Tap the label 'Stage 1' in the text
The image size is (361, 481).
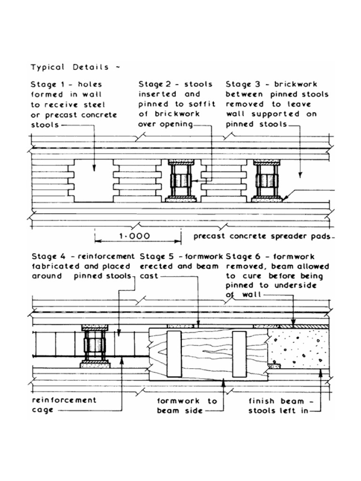pyautogui.click(x=46, y=85)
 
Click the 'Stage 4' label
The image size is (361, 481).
pyautogui.click(x=46, y=256)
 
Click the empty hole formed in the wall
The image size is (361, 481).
pyautogui.click(x=94, y=181)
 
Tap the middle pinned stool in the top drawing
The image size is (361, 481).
pyautogui.click(x=181, y=181)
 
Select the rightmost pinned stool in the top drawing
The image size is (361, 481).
pyautogui.click(x=267, y=181)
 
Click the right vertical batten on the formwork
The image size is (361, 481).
pyautogui.click(x=239, y=353)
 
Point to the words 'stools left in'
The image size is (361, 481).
pyautogui.click(x=277, y=411)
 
